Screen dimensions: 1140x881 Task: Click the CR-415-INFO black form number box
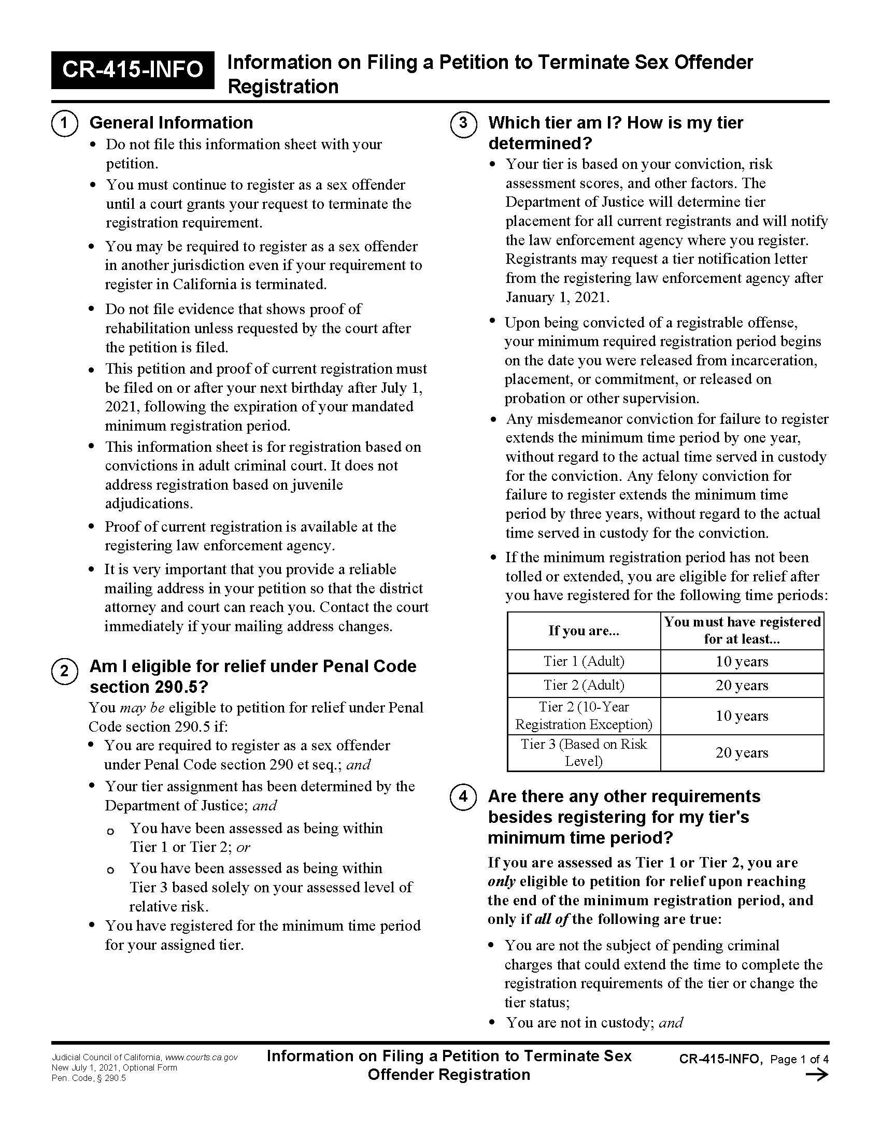coord(133,69)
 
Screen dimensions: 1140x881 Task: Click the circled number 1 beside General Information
coord(64,124)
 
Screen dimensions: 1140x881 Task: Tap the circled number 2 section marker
coord(64,671)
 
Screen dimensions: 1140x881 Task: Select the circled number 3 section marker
coord(463,124)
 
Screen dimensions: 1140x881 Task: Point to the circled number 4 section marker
coord(463,797)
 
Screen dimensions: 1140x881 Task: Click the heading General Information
coord(171,123)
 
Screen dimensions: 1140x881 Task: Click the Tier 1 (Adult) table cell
coord(584,661)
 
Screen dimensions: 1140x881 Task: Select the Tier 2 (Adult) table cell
coord(584,685)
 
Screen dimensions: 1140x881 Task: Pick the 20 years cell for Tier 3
coord(742,753)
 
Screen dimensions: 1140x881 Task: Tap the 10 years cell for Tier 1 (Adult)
coord(742,661)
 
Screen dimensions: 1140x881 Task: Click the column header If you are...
coord(584,631)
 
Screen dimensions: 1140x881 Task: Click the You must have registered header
coord(742,630)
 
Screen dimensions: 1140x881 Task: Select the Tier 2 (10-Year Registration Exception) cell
coord(584,716)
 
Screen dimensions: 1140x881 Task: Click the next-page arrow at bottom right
coord(817,1075)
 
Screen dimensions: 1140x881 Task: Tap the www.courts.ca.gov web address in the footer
coord(202,1057)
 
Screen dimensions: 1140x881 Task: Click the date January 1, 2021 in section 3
coord(557,297)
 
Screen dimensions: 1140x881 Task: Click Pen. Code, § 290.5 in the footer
coord(89,1078)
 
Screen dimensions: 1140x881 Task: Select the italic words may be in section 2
coord(142,708)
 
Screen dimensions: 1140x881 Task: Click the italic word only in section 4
coord(501,881)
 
